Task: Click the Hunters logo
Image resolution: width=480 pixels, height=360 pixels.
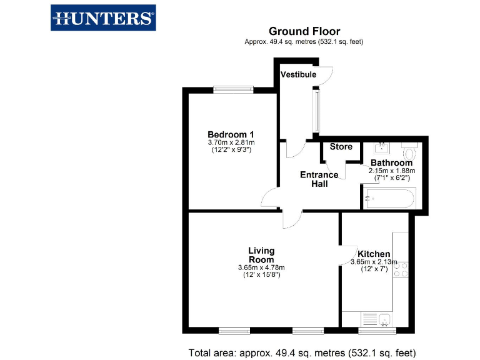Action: click(103, 18)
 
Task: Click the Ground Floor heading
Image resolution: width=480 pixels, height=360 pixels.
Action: click(304, 31)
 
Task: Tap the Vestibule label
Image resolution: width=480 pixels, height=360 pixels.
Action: click(298, 75)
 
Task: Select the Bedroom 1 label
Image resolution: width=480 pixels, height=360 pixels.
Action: click(231, 134)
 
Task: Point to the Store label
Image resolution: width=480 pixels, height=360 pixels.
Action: click(341, 147)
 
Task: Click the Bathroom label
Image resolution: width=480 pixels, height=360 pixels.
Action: click(391, 163)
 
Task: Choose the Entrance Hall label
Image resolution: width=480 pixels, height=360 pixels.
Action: click(319, 179)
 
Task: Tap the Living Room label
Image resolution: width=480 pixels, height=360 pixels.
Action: click(261, 255)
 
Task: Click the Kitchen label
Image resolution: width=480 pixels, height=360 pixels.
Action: click(374, 254)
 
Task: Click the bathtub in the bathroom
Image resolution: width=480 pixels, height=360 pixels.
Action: click(388, 200)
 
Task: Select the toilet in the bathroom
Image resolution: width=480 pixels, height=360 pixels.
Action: click(410, 152)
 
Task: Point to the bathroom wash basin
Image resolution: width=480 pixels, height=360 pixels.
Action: click(381, 149)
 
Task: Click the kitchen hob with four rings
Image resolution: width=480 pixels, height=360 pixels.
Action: click(401, 269)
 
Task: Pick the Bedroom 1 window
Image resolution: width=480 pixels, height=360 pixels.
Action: click(233, 90)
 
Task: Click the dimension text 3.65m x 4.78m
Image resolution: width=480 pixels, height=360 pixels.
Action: click(261, 268)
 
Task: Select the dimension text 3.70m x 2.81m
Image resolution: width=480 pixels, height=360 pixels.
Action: click(231, 142)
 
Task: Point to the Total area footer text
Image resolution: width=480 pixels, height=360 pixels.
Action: click(302, 352)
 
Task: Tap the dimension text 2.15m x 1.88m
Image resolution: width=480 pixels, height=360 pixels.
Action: click(392, 171)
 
